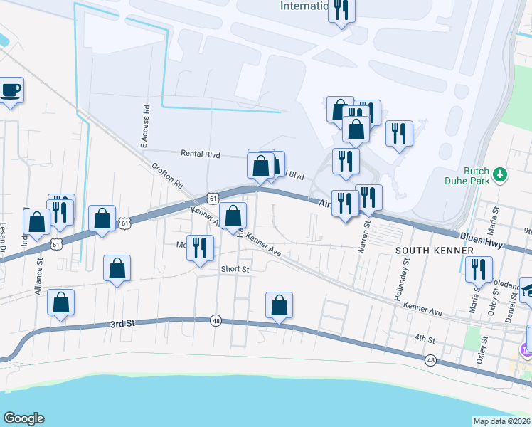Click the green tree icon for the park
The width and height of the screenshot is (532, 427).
click(x=500, y=173)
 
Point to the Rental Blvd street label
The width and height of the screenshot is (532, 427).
click(x=201, y=154)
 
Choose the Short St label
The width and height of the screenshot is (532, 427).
click(x=235, y=269)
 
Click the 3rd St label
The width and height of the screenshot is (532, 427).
click(x=122, y=324)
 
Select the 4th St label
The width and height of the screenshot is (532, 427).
click(x=425, y=338)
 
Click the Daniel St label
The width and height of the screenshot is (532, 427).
click(x=511, y=304)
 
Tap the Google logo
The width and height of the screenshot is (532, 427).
click(x=23, y=418)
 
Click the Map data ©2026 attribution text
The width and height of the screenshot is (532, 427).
click(x=501, y=421)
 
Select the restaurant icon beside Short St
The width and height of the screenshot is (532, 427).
click(x=200, y=247)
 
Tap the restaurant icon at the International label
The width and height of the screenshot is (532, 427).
click(x=342, y=9)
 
